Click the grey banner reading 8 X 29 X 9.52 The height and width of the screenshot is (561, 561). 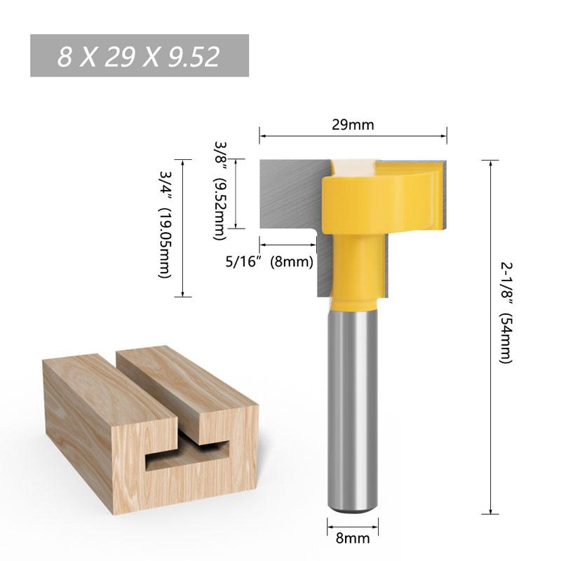coord(140,56)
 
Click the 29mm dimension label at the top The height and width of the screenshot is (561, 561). coord(353,125)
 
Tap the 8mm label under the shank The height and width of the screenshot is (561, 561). coord(353,539)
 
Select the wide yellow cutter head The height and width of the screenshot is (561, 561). coord(382,203)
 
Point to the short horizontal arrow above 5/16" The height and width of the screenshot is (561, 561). coord(288,245)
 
